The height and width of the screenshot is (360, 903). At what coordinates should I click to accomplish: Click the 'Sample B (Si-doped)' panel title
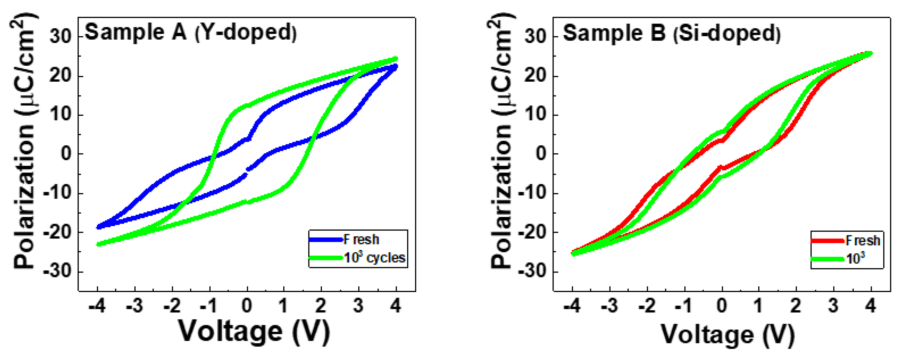tap(671, 33)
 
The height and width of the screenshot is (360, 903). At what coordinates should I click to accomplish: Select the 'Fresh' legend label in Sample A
tap(361, 240)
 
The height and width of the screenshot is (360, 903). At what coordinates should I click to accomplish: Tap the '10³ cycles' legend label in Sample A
tap(374, 258)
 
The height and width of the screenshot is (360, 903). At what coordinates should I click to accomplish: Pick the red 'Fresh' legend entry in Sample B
tap(862, 241)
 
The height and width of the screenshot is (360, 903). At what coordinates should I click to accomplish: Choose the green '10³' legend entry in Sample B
tap(855, 259)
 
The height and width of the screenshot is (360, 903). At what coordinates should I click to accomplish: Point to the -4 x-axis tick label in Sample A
tap(97, 306)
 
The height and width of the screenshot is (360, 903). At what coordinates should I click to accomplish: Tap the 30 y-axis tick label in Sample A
tap(60, 36)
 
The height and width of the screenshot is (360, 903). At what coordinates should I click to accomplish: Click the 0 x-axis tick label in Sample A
tap(247, 306)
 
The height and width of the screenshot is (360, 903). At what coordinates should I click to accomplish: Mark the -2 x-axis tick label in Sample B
tap(647, 306)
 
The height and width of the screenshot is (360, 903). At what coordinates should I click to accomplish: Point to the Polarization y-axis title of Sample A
tap(25, 140)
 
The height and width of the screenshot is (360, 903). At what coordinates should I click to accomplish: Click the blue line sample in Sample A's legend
tap(326, 240)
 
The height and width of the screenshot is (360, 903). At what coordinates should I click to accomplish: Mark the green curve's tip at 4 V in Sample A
tap(396, 58)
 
